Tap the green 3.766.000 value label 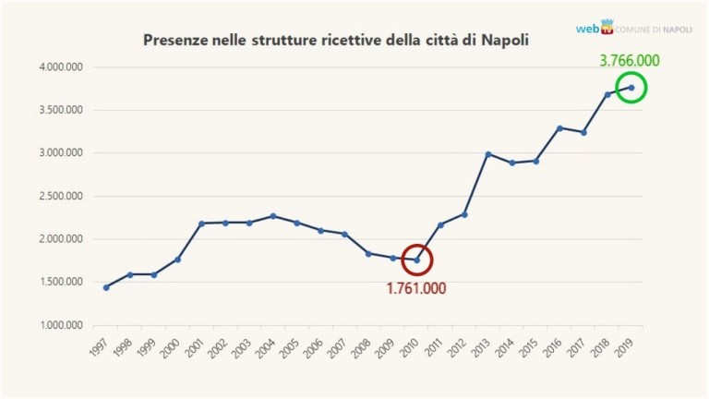632,62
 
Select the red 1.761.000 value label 415,288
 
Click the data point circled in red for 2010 416,260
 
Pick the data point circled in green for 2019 631,88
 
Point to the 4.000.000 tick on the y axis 60,67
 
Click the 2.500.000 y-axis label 60,197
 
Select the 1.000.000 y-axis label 60,326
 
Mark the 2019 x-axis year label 625,349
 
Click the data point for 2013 488,154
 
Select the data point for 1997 106,287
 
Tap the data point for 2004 273,216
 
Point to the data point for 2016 559,128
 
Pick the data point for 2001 201,224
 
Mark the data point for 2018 607,94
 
